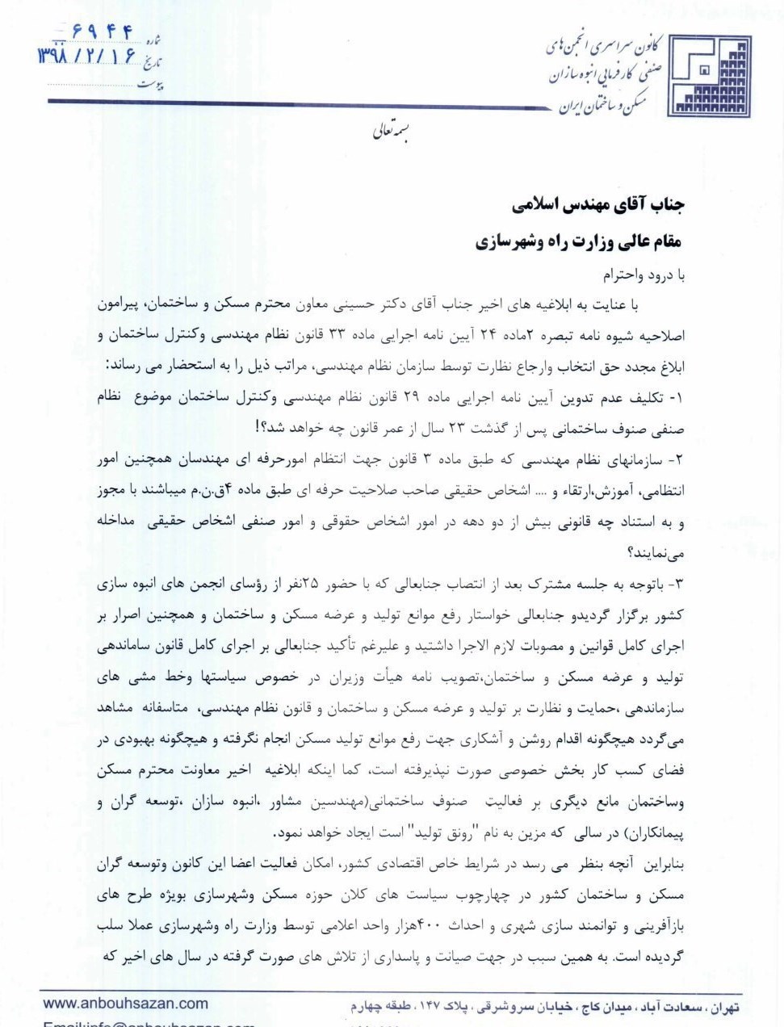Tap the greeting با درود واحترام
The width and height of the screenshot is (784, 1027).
(x=643, y=275)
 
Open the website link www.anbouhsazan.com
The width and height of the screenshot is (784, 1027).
(x=125, y=1004)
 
